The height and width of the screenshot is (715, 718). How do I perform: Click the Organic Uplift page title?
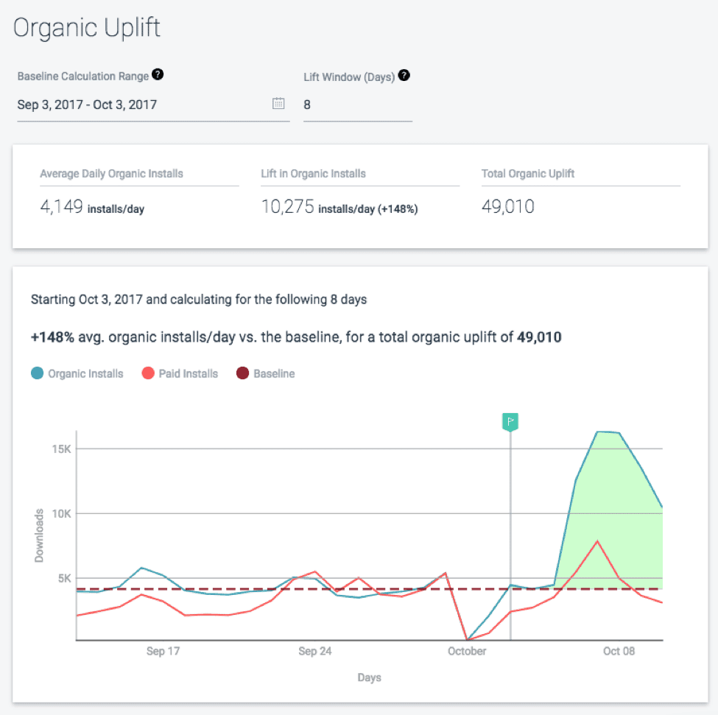pos(87,29)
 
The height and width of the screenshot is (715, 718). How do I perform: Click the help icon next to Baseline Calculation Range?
pos(158,74)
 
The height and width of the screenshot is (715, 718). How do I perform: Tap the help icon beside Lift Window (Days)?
pos(404,75)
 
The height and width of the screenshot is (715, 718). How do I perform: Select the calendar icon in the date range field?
pos(278,104)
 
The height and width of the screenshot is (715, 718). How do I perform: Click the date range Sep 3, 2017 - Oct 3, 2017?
pos(87,105)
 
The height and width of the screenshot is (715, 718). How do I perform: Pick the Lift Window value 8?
pos(307,105)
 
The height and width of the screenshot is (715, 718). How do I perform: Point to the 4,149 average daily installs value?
pos(62,207)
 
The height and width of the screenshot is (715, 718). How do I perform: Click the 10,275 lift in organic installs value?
pos(288,207)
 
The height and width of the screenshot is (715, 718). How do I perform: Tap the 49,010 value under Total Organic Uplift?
pos(507,207)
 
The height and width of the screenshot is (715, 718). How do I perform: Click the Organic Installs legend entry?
pos(77,373)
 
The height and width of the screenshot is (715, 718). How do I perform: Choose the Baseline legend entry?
pos(266,373)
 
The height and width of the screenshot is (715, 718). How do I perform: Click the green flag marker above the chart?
pos(510,422)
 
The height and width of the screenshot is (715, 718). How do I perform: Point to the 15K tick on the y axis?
pos(60,449)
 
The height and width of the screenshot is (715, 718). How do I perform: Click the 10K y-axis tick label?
pos(60,513)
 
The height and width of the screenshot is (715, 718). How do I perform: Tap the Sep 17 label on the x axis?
pos(163,652)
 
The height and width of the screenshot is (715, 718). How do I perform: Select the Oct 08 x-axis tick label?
pos(619,652)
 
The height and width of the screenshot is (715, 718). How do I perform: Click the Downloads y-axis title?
pos(39,535)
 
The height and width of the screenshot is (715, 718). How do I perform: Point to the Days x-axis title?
pos(369,677)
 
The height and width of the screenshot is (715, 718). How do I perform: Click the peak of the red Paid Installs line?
pos(597,541)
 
